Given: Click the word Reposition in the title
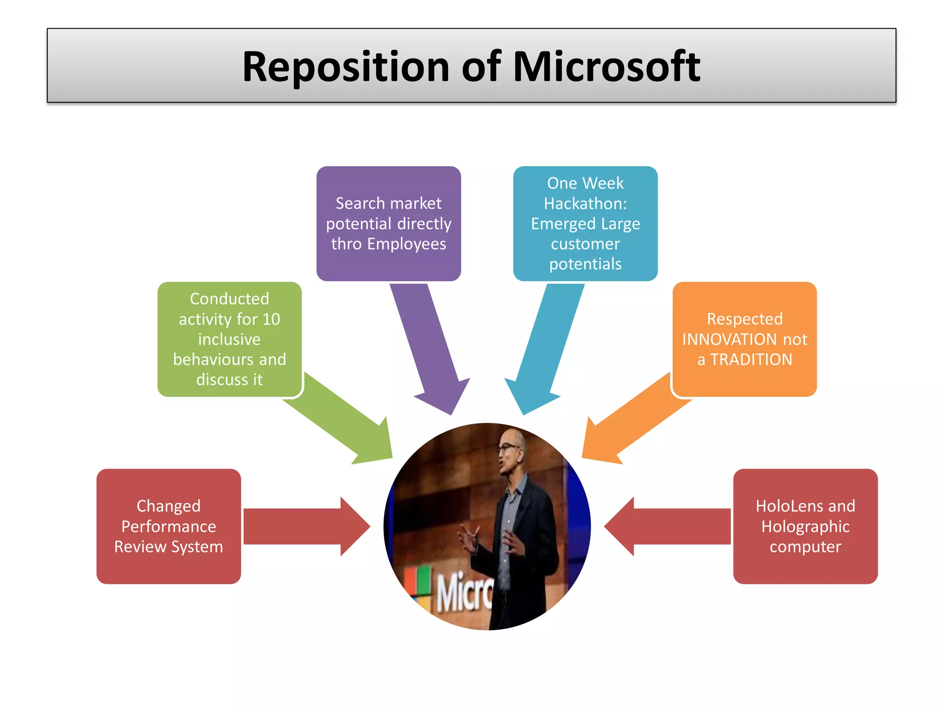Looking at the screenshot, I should point(345,68).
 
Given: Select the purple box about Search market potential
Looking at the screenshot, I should point(389,224).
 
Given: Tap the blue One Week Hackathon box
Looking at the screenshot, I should point(585,224).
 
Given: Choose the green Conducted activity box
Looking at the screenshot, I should point(229,339).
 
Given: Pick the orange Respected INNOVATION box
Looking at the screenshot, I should point(745,339).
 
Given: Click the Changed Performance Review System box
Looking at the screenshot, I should point(169,526).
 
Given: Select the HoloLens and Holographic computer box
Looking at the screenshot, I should point(805,526).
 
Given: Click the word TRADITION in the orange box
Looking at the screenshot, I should point(751,359).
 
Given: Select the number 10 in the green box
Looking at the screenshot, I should point(271,319).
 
